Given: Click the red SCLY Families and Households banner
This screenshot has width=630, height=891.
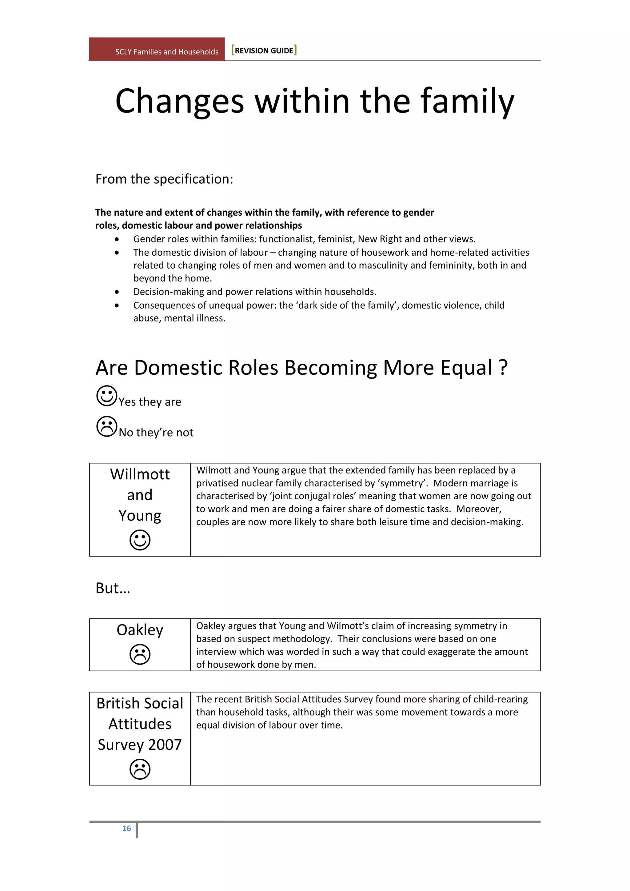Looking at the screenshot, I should pyautogui.click(x=157, y=50).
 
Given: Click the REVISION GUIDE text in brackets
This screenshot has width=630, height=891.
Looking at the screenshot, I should pyautogui.click(x=264, y=50).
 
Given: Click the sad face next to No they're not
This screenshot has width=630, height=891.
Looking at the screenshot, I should pyautogui.click(x=107, y=426).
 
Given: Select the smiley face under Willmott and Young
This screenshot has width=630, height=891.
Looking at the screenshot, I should pyautogui.click(x=140, y=540).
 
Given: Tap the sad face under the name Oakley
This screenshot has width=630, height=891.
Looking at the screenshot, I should pyautogui.click(x=140, y=654).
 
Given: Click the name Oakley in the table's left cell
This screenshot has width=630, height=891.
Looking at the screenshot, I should pyautogui.click(x=140, y=629).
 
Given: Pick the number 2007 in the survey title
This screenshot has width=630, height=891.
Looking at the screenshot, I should pyautogui.click(x=165, y=744).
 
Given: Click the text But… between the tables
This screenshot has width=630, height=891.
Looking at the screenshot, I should pyautogui.click(x=113, y=588).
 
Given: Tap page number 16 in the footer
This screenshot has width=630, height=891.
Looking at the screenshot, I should pyautogui.click(x=126, y=828).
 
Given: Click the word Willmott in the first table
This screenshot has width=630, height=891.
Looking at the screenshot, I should pyautogui.click(x=140, y=474).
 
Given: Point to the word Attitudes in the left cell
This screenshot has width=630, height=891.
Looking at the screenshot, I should pyautogui.click(x=140, y=724).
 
